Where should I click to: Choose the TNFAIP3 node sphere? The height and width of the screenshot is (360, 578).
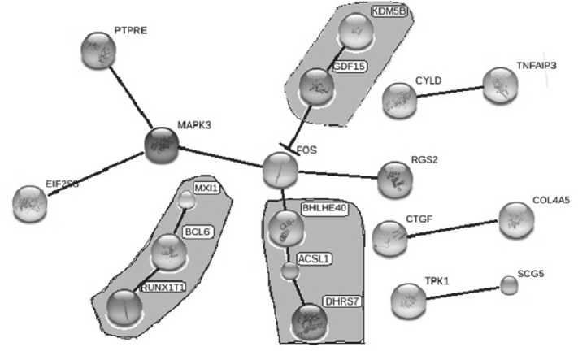(x=499, y=85)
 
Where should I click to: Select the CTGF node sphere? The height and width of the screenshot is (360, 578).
(x=389, y=237)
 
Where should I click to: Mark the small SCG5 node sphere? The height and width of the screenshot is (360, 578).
(x=508, y=285)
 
